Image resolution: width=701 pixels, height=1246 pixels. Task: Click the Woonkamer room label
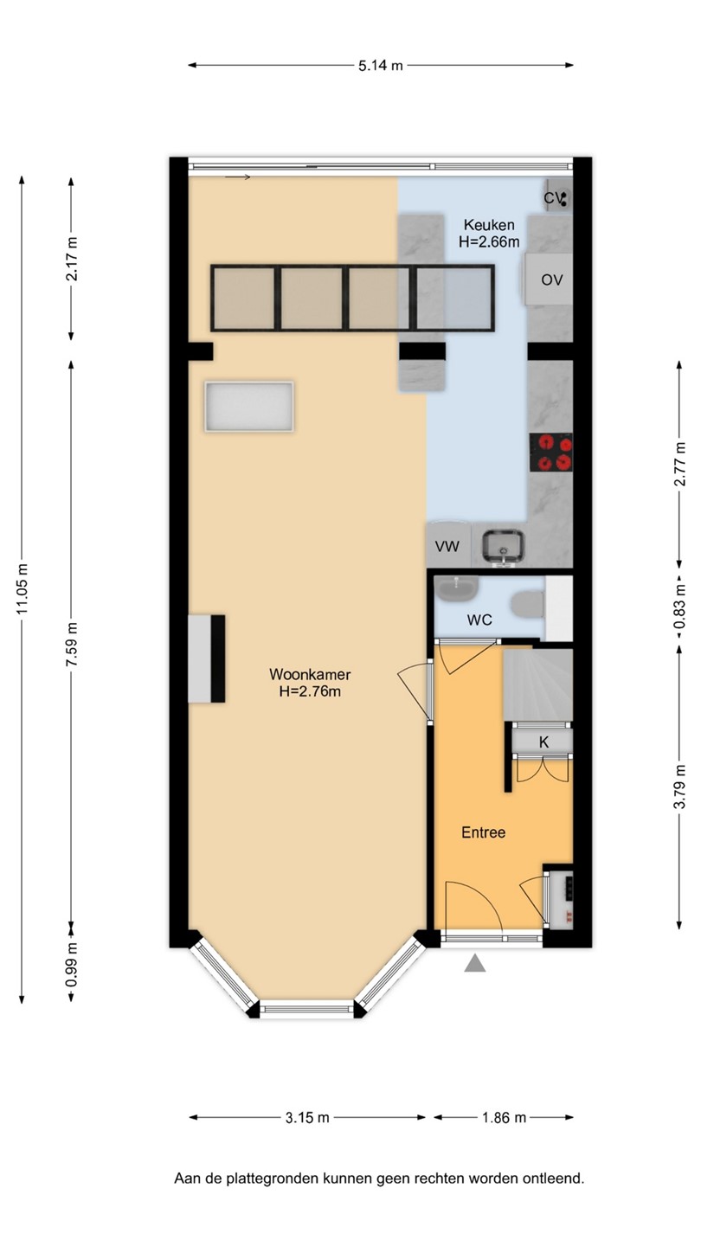(310, 674)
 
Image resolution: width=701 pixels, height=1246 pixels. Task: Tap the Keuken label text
(489, 225)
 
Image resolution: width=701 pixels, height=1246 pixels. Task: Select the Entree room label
(484, 832)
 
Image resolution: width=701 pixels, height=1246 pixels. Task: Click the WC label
(479, 620)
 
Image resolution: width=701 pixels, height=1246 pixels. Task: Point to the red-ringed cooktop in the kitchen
(550, 453)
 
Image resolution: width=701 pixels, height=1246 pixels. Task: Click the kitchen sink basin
(503, 546)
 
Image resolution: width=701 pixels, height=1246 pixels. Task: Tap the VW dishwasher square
(448, 544)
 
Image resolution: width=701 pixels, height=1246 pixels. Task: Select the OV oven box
(549, 279)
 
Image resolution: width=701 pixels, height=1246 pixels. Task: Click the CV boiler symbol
(557, 197)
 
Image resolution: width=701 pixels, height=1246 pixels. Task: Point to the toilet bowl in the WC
(527, 604)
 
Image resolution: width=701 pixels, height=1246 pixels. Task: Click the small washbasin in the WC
(456, 588)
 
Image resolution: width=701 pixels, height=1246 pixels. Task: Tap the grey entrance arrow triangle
(474, 963)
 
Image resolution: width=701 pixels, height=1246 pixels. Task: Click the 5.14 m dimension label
(381, 66)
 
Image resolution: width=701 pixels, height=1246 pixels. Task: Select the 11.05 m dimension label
(23, 589)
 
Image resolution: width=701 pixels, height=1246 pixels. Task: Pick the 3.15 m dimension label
(308, 1118)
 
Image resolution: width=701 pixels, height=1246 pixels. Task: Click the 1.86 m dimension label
(504, 1118)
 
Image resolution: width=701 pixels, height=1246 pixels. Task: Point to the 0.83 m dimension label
(679, 608)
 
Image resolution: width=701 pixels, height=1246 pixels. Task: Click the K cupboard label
(543, 742)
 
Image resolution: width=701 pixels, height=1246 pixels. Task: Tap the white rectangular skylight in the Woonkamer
(248, 406)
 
